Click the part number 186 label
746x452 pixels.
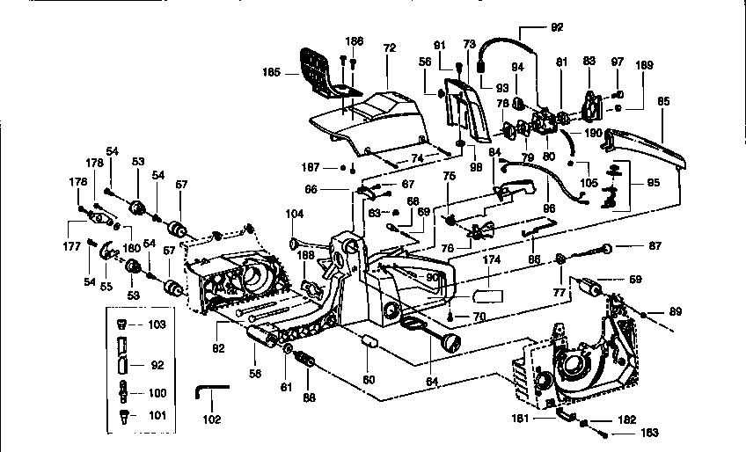tap(354, 40)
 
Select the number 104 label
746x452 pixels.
tap(294, 214)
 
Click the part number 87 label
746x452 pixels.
tap(655, 245)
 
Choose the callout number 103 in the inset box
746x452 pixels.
tap(157, 324)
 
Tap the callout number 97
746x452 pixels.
tap(617, 62)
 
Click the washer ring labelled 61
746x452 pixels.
tap(289, 352)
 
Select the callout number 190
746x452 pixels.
tap(592, 133)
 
